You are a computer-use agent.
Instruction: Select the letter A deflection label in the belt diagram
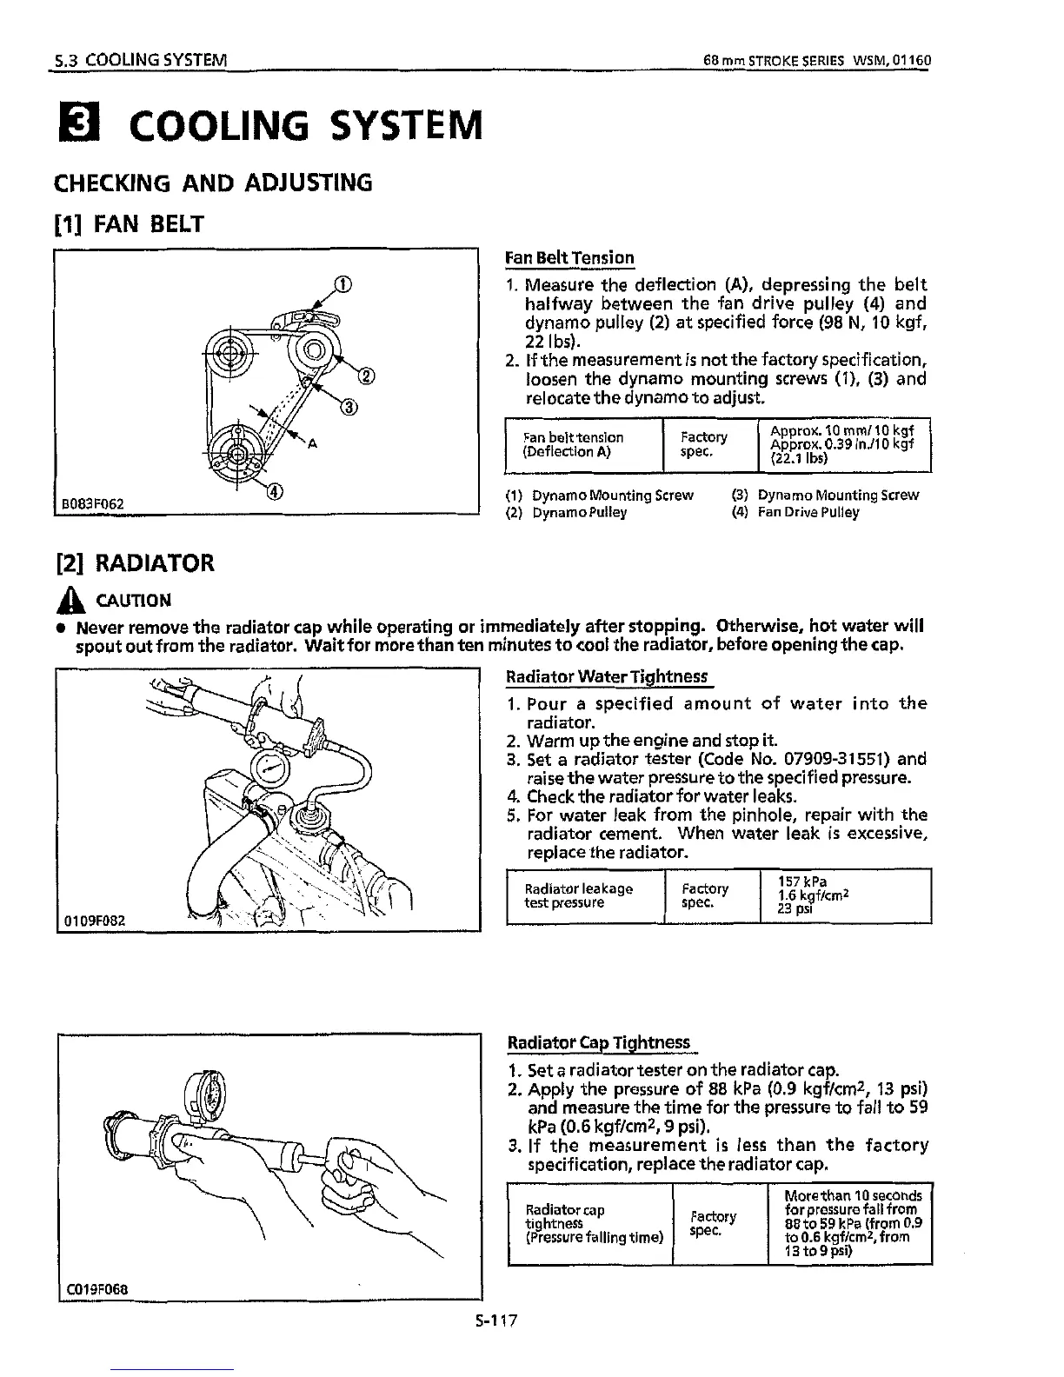coord(310,444)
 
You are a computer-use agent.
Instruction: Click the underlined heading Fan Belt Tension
coord(569,258)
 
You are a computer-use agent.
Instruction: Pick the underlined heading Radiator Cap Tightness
coord(599,1042)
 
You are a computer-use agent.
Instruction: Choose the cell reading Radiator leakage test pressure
coord(579,895)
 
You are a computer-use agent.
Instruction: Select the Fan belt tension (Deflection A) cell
coord(573,445)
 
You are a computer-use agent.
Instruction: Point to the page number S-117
coord(496,1320)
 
